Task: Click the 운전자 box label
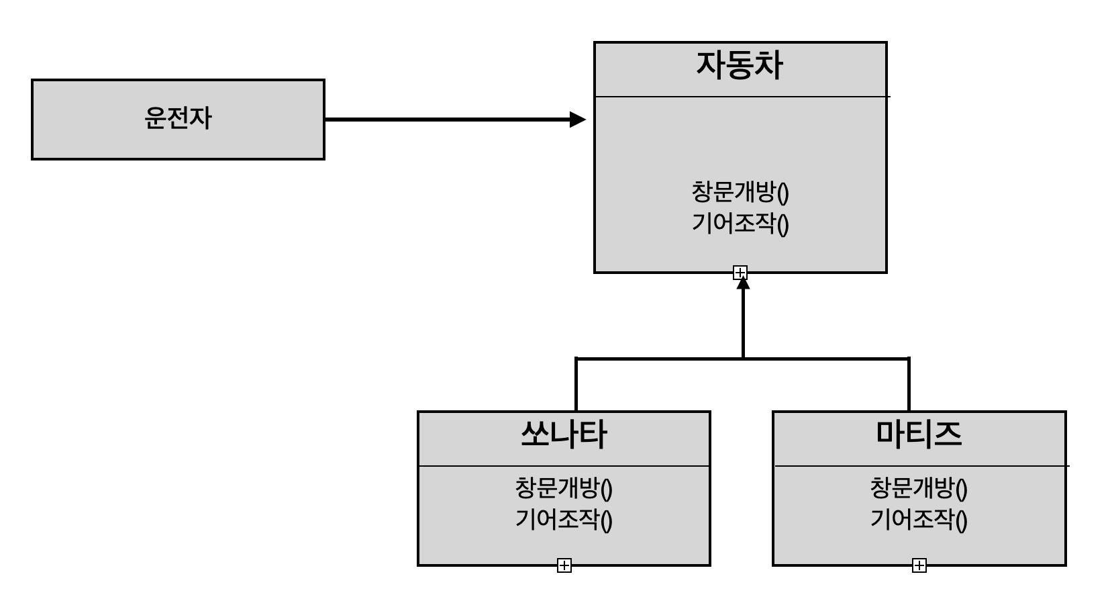pos(178,119)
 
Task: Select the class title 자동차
pos(740,66)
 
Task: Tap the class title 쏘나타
pos(564,434)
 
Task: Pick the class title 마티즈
pos(919,434)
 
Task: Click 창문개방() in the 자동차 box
pos(740,192)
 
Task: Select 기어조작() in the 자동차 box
pos(740,223)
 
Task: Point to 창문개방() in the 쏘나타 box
pos(564,488)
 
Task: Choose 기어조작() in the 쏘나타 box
pos(564,519)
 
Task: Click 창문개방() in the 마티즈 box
pos(919,488)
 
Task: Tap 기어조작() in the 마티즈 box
pos(919,519)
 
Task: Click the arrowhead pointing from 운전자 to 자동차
pos(577,120)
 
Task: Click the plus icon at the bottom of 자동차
pos(740,273)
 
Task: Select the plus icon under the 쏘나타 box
pos(564,565)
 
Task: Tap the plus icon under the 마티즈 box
pos(919,565)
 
